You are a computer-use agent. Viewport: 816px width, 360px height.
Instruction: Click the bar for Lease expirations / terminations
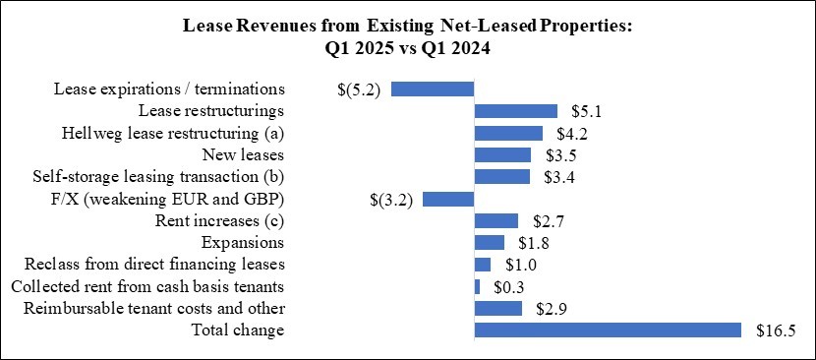coord(433,89)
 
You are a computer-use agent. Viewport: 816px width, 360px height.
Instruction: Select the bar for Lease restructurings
coord(515,111)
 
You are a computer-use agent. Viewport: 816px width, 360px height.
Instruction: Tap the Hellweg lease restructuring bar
coord(508,133)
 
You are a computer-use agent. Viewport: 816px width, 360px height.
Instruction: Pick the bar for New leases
coord(502,154)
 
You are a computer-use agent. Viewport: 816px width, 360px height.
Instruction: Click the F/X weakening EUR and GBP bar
coord(448,199)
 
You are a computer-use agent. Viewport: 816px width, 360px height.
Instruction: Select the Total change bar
coord(608,330)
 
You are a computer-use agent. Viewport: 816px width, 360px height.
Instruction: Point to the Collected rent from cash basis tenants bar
coord(477,286)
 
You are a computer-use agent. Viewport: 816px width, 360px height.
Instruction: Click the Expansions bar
coord(489,242)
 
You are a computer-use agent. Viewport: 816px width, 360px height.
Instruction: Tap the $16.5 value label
coord(775,331)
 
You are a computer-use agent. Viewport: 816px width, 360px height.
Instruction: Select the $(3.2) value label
coord(389,200)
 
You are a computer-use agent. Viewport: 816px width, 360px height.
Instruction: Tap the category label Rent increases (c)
coord(219,220)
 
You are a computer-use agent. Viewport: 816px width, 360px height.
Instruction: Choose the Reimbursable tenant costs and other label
coord(148,309)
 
